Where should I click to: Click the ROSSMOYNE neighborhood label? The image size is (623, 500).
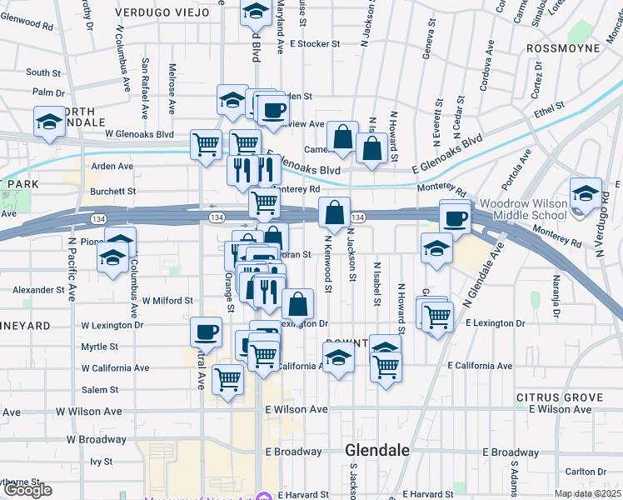[564, 48]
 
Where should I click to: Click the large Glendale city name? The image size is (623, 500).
[377, 450]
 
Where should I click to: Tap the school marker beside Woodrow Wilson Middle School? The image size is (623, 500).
[586, 193]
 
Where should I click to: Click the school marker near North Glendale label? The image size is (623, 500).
[49, 122]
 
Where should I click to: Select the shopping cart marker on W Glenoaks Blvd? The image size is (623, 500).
[206, 143]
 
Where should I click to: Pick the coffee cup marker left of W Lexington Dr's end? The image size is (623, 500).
[206, 332]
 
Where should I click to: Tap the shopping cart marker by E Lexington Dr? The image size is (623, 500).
[437, 317]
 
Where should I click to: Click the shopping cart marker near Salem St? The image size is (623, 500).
[227, 379]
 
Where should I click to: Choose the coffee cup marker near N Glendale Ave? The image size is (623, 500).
[455, 218]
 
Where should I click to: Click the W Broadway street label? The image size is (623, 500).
[97, 439]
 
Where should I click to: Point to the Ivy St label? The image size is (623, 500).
[102, 461]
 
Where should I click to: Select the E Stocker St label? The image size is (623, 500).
[316, 43]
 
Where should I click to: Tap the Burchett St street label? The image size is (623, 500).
[113, 191]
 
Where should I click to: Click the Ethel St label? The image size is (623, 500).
[550, 107]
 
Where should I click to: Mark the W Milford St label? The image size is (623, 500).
[167, 300]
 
